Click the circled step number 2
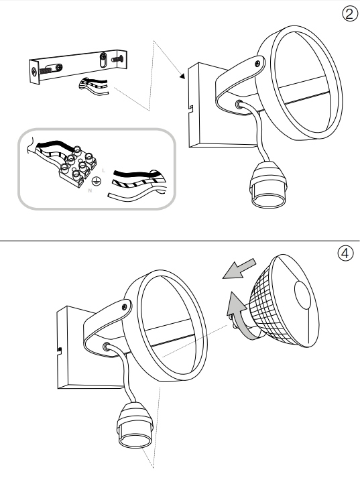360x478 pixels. [x=349, y=14]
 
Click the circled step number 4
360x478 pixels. [x=345, y=253]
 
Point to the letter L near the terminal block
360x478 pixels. [x=104, y=170]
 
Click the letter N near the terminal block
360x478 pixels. [x=90, y=190]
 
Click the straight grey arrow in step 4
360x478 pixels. [x=239, y=269]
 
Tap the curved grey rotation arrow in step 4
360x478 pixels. [x=239, y=317]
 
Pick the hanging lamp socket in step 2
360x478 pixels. [x=268, y=185]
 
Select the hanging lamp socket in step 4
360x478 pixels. [x=134, y=426]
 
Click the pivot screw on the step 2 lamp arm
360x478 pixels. [x=258, y=63]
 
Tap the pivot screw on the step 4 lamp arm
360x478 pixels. [x=125, y=306]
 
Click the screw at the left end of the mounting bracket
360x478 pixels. [x=34, y=72]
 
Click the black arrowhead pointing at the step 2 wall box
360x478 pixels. [x=182, y=76]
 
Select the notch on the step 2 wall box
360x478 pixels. [x=191, y=109]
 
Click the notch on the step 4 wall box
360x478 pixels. [x=60, y=351]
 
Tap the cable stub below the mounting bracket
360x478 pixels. [x=93, y=84]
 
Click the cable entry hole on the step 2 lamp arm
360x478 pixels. [x=239, y=105]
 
